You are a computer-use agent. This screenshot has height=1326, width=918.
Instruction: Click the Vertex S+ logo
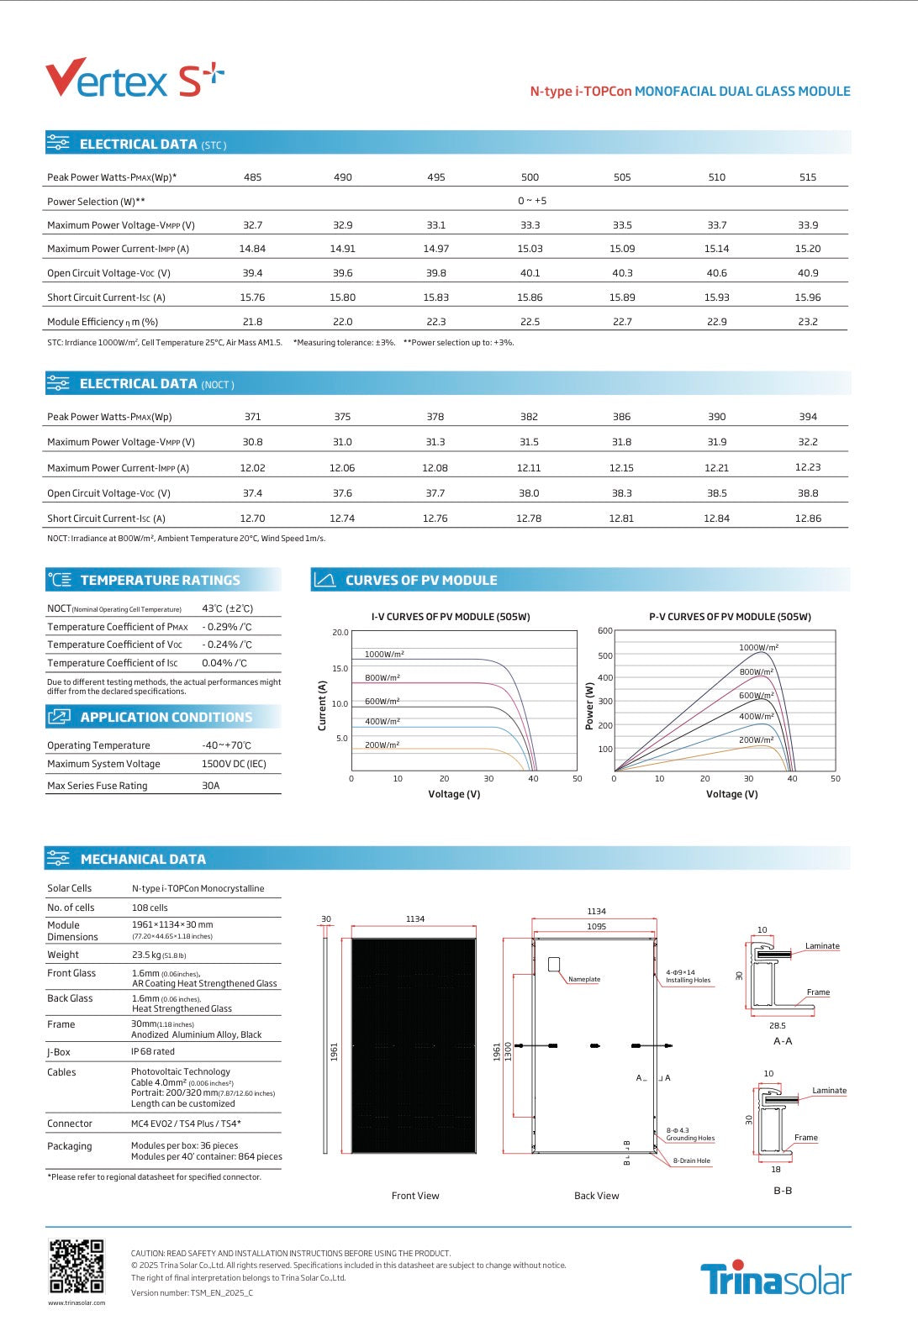[135, 78]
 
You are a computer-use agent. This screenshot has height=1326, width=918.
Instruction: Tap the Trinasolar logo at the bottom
[775, 1279]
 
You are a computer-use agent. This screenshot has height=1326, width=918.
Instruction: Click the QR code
[76, 1265]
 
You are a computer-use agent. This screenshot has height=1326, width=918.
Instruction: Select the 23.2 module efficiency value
[807, 322]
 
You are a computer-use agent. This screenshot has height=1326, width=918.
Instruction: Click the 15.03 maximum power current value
[530, 249]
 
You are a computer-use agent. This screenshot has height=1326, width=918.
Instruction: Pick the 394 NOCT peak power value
[807, 417]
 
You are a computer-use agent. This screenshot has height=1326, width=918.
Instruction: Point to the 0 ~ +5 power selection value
[531, 201]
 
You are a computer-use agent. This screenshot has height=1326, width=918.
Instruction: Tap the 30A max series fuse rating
[210, 786]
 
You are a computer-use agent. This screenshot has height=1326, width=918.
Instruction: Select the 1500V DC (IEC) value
[234, 764]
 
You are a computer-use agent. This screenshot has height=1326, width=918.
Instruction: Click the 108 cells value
[150, 908]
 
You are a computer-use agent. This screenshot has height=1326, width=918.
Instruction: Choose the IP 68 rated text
[153, 1051]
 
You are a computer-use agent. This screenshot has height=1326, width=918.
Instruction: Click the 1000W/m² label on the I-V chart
[384, 654]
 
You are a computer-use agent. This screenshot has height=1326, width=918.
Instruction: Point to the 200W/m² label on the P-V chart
[756, 740]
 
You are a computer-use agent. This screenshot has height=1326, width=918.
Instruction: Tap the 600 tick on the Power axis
[604, 631]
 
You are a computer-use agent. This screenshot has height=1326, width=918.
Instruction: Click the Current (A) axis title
[322, 705]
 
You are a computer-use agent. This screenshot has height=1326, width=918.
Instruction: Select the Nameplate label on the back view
[584, 979]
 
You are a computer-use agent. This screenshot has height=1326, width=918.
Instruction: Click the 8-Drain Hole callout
[691, 1160]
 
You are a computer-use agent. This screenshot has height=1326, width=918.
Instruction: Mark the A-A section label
[782, 1041]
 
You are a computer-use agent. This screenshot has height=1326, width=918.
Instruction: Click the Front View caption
[415, 1196]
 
